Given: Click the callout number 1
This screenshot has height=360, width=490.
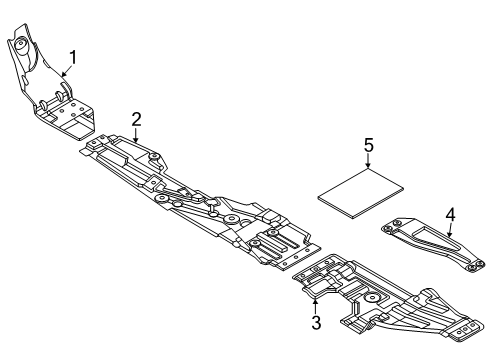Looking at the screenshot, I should (x=71, y=55).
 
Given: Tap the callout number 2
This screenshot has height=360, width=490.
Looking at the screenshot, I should (x=136, y=119).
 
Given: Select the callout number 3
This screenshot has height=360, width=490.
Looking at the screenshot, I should (x=315, y=322).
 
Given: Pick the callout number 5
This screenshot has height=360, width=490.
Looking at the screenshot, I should (x=369, y=147).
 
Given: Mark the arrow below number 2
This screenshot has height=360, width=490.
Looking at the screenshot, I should (x=136, y=135).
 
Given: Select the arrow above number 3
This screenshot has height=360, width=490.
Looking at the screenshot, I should (x=315, y=303).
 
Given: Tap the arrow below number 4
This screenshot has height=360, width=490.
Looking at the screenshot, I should (x=450, y=230).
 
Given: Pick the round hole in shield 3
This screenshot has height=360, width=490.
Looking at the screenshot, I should (x=372, y=297).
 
